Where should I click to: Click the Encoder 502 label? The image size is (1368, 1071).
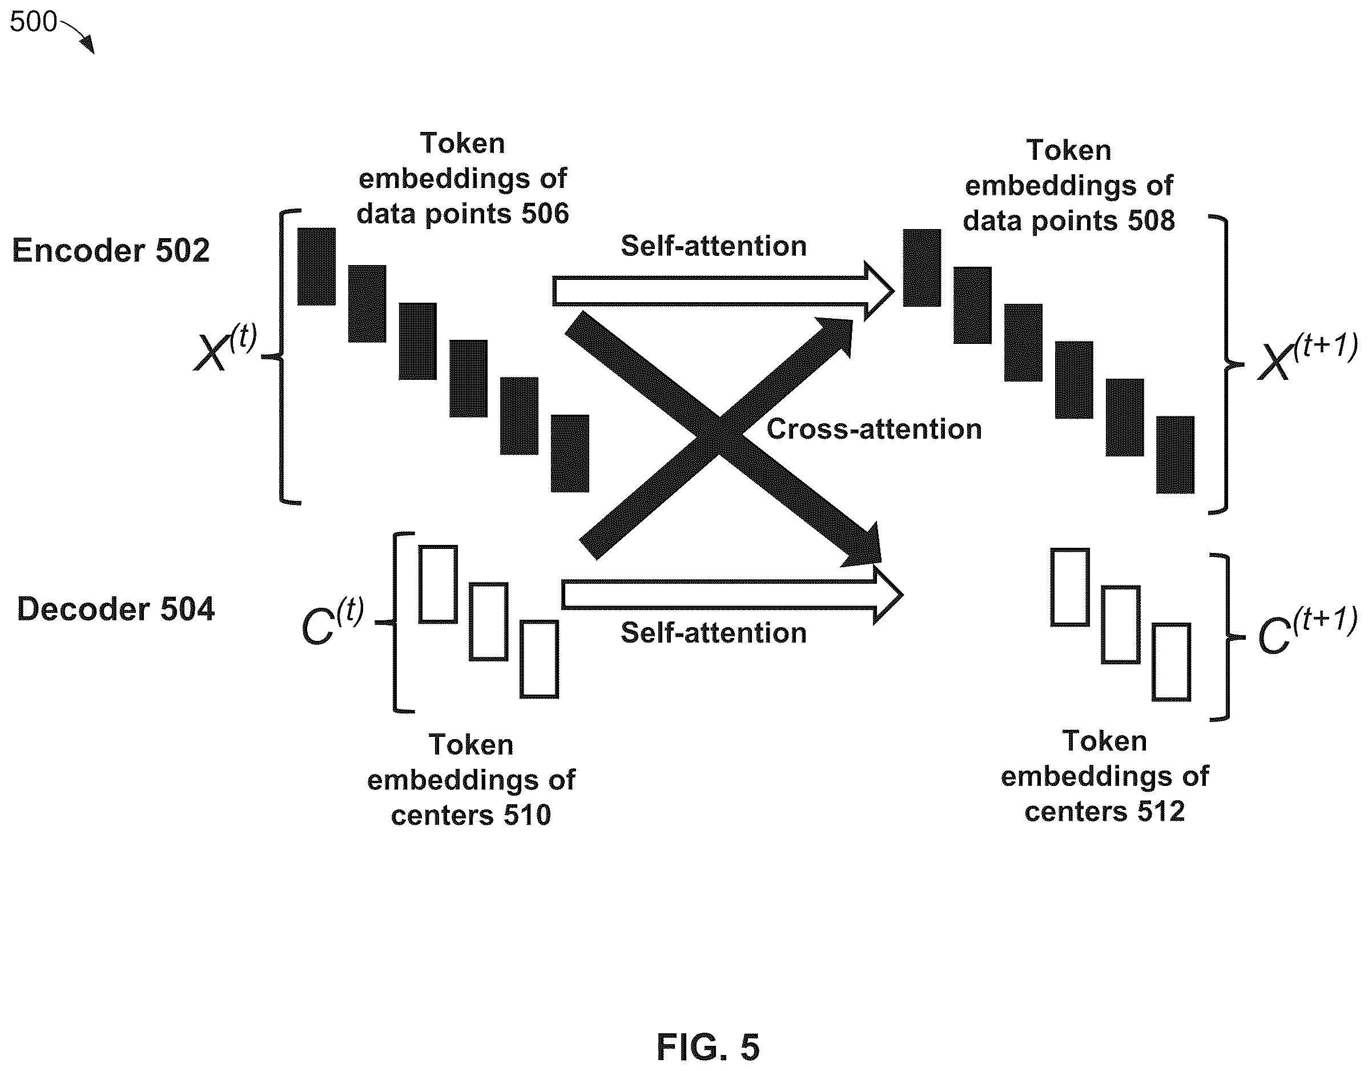click(x=111, y=251)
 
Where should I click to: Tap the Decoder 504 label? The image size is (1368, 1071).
click(x=116, y=609)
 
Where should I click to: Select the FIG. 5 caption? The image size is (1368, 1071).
click(x=707, y=1046)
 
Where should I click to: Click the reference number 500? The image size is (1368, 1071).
click(x=33, y=22)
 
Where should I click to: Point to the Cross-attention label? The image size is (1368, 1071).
click(x=874, y=430)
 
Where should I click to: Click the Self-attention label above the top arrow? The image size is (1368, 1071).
click(x=714, y=246)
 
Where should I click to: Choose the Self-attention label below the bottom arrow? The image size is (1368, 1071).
click(x=714, y=633)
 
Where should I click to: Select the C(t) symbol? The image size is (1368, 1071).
click(x=332, y=621)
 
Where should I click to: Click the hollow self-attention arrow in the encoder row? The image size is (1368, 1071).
click(x=723, y=291)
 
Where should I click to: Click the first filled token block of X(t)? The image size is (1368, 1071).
click(x=316, y=267)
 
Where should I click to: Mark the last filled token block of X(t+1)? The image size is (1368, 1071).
click(x=1175, y=455)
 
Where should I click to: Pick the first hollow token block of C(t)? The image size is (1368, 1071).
click(x=438, y=584)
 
